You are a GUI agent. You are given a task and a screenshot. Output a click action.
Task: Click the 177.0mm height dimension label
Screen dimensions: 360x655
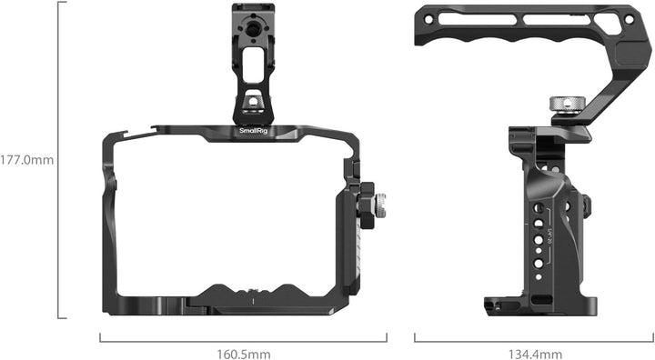pyautogui.click(x=28, y=159)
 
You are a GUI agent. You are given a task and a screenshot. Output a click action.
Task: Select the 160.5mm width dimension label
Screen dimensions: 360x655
pyautogui.click(x=243, y=353)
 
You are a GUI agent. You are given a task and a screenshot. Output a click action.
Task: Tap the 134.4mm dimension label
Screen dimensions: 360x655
pyautogui.click(x=534, y=353)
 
